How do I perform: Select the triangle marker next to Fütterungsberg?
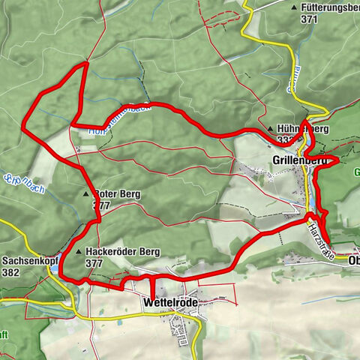click(293, 7)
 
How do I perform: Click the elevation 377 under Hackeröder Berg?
click(94, 264)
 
